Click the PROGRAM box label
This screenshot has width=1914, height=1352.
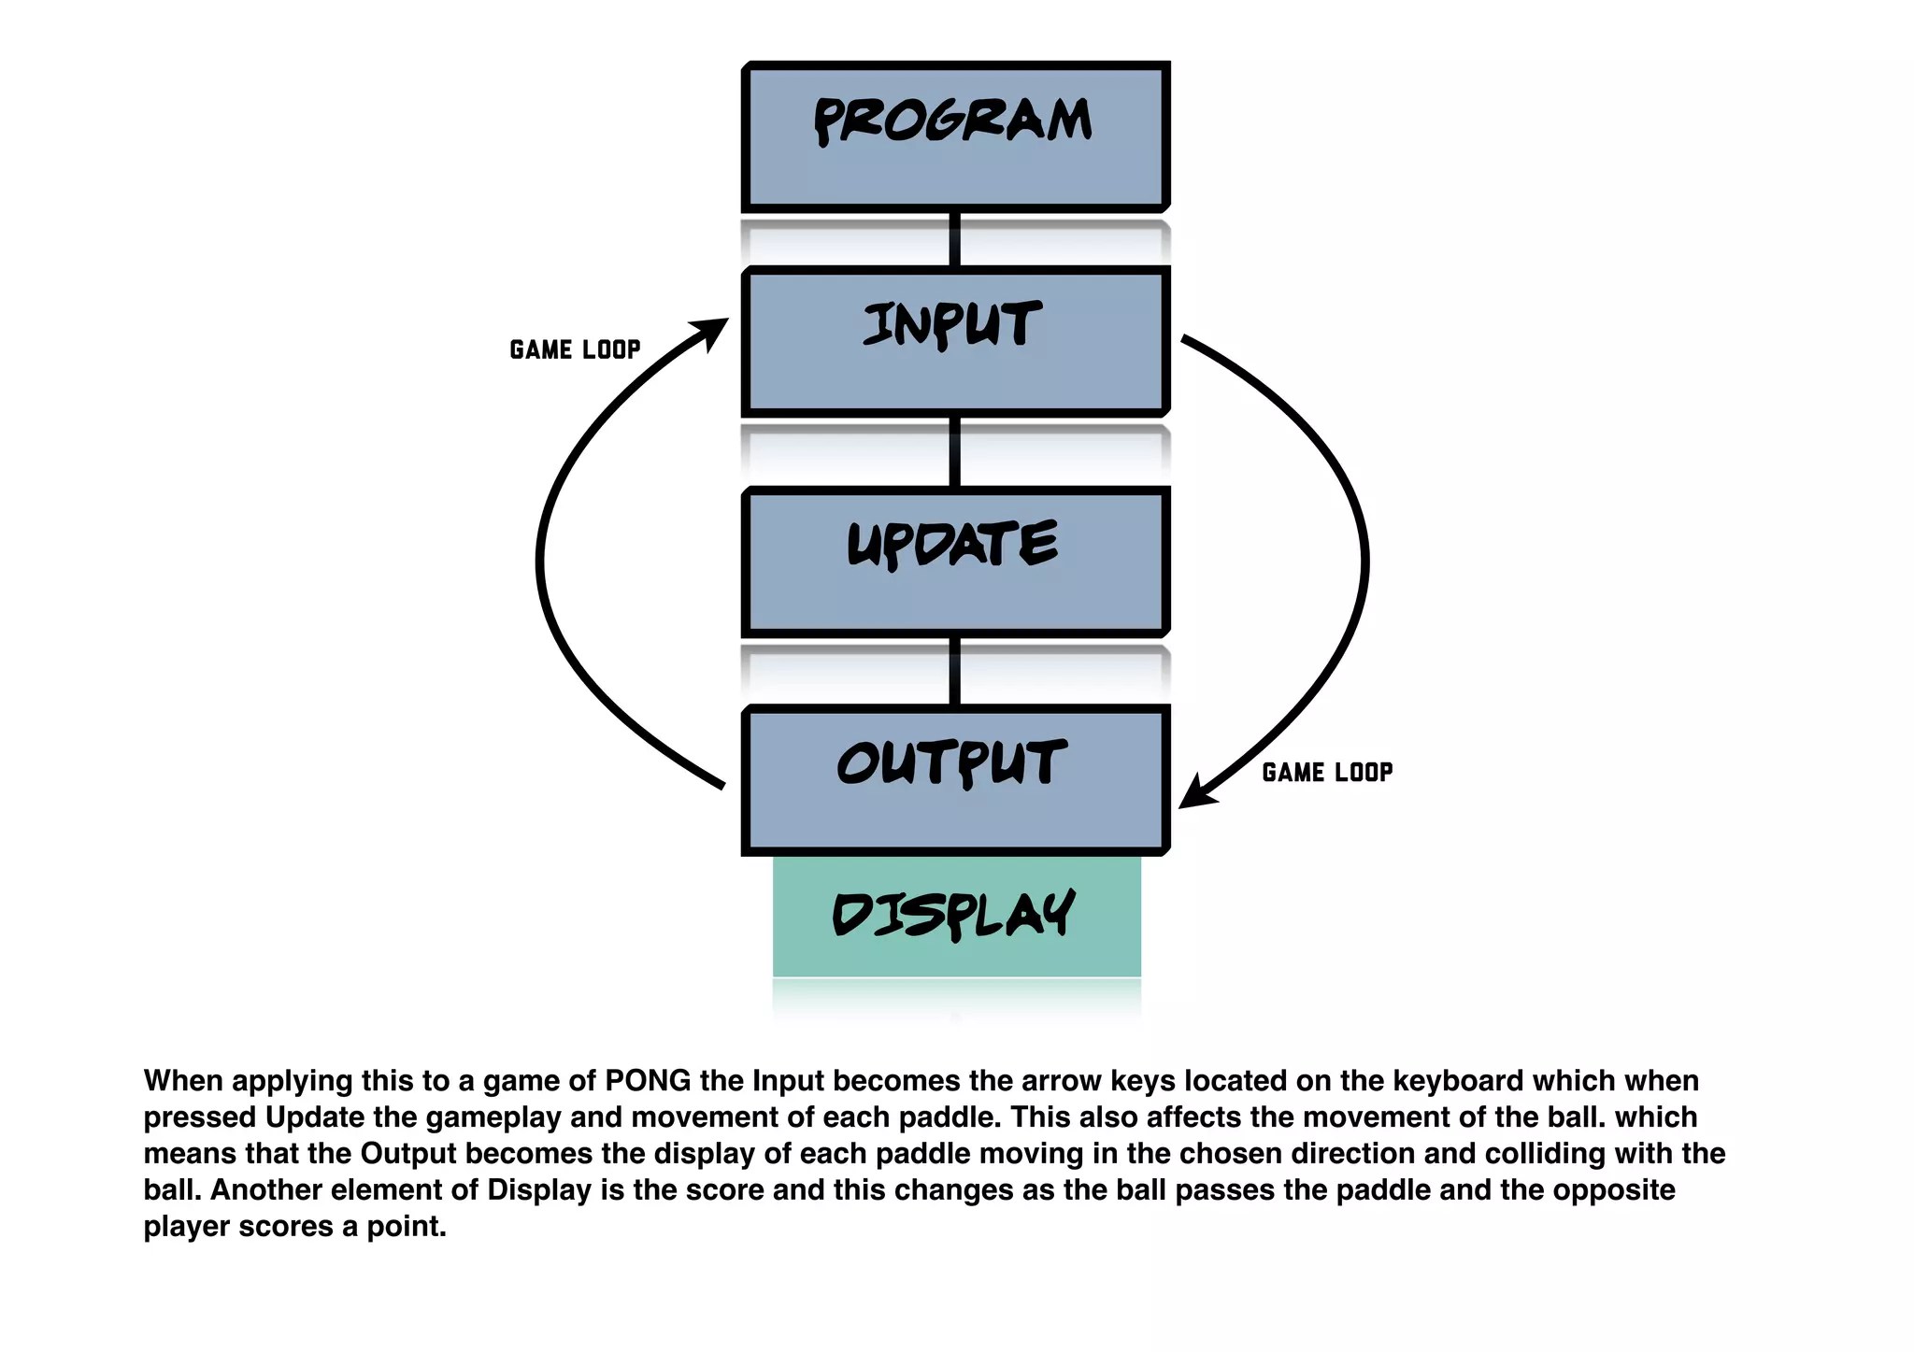click(x=952, y=121)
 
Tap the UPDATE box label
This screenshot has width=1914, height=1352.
click(x=952, y=544)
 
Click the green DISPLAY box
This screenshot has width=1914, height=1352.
click(x=956, y=916)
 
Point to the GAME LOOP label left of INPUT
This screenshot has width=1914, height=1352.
click(x=575, y=349)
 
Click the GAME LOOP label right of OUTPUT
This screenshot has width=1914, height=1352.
click(x=1327, y=773)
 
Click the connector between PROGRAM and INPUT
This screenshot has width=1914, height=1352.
click(x=954, y=239)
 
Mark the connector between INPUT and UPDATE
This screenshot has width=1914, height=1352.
click(x=954, y=451)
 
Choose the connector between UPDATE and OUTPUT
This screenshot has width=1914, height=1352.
click(x=954, y=671)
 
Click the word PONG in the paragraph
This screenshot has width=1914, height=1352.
click(x=648, y=1081)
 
